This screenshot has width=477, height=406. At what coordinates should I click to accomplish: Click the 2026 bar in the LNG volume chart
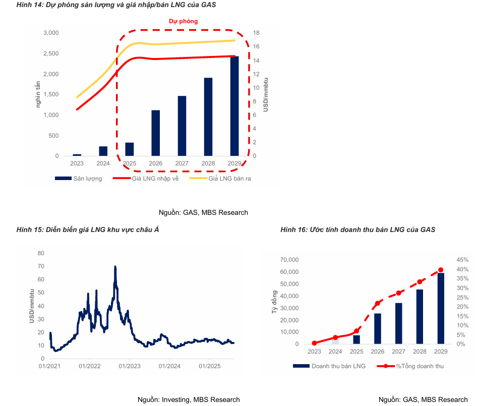coord(156,133)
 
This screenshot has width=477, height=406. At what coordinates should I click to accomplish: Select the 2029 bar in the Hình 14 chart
coord(234,106)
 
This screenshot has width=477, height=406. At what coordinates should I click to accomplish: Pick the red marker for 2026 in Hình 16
coord(378,304)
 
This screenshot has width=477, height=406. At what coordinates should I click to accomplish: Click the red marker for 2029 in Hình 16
coord(441,270)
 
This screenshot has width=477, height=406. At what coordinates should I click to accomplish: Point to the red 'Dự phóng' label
coord(183,22)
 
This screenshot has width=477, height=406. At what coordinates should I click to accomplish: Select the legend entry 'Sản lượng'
coord(87,179)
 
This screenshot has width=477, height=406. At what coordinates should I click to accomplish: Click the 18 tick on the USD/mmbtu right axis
coord(256,33)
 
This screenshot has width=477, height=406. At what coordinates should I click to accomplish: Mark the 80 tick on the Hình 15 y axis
coord(41,253)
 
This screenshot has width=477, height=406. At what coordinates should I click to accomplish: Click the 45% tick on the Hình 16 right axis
coord(462,260)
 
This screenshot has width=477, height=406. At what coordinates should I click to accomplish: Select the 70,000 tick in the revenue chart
coord(289,260)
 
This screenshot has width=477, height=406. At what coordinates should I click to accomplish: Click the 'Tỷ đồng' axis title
coord(275,302)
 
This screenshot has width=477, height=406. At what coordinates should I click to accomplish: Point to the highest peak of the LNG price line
coord(115,267)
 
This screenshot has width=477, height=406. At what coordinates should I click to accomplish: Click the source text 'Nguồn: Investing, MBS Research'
coord(189,399)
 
